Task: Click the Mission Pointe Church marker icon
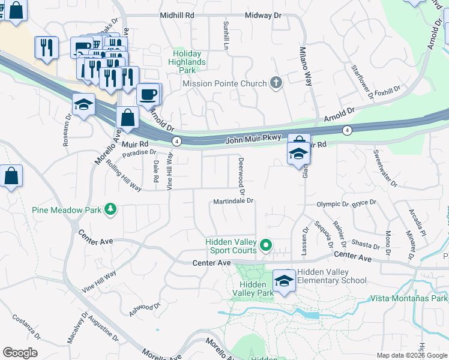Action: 276,83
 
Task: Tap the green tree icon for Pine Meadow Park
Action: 110,209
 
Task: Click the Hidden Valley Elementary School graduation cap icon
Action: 284,280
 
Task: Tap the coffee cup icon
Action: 148,94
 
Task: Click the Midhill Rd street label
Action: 177,15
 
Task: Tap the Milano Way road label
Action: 306,67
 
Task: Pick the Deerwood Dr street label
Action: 242,176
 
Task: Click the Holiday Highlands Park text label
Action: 188,62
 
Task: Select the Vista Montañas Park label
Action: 409,298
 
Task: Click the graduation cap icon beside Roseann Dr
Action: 83,104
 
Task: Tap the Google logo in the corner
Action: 20,353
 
